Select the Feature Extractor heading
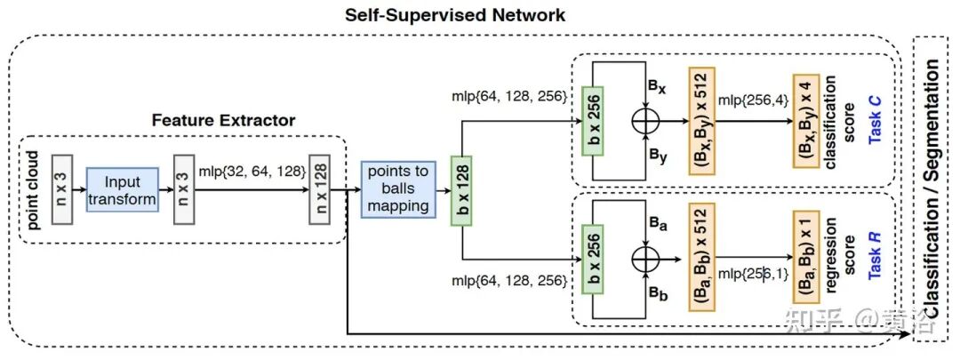[223, 119]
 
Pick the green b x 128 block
[460, 188]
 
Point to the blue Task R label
[877, 258]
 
